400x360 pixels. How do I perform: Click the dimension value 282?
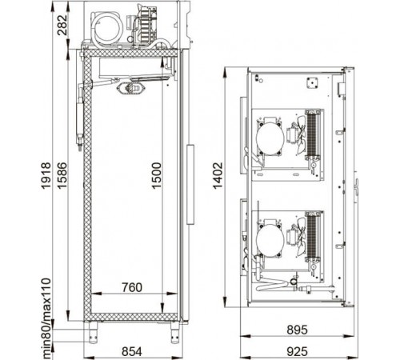pyautogui.click(x=62, y=25)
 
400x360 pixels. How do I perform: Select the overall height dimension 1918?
pyautogui.click(x=46, y=176)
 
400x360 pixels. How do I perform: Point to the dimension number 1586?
pyautogui.click(x=62, y=176)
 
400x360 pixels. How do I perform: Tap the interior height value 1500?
pyautogui.click(x=157, y=176)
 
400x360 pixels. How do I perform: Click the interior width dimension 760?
pyautogui.click(x=132, y=287)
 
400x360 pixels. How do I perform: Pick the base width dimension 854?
pyautogui.click(x=132, y=351)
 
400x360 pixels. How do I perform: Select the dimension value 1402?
pyautogui.click(x=218, y=176)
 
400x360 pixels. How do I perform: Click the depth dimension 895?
pyautogui.click(x=297, y=330)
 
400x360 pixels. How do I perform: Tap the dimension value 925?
pyautogui.click(x=297, y=351)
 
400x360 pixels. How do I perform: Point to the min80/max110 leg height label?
pyautogui.click(x=46, y=318)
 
